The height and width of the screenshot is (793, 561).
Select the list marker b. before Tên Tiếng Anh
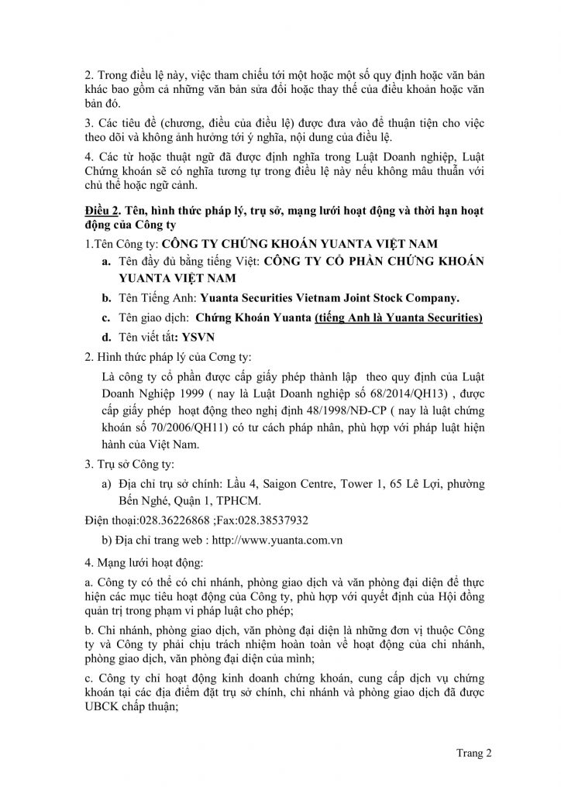105,297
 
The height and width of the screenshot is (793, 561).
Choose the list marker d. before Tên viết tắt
105,338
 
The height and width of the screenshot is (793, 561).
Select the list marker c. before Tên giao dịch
105,318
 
